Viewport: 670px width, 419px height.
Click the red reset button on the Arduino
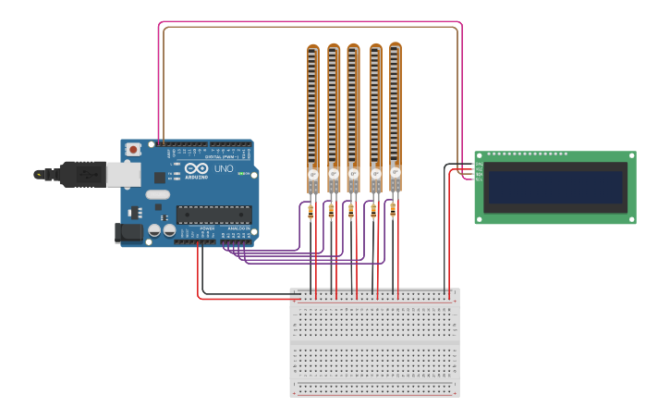[134, 149]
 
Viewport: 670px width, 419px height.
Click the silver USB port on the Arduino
[124, 173]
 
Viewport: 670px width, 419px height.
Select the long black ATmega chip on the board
[213, 215]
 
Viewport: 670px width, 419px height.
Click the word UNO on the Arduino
[224, 169]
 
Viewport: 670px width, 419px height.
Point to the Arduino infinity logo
[197, 169]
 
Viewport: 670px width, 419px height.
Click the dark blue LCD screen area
[555, 187]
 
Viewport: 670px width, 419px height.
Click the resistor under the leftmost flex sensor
[310, 213]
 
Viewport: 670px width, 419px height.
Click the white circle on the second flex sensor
[334, 174]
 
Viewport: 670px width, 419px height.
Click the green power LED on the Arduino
[241, 173]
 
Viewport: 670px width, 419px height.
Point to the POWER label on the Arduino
[207, 228]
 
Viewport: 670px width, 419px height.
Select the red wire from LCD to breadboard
[450, 231]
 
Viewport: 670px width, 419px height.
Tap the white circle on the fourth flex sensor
[375, 173]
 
